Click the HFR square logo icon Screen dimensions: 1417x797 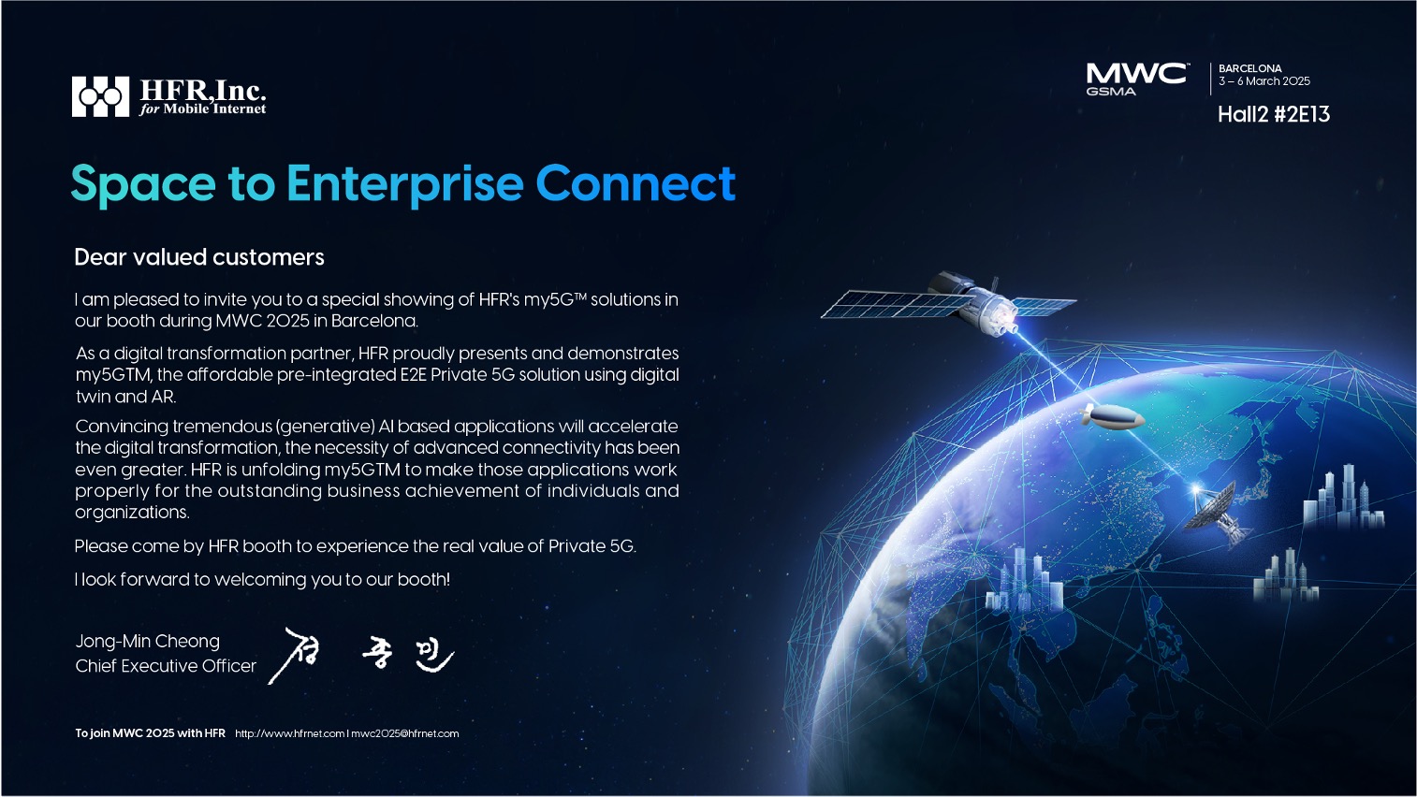tap(100, 96)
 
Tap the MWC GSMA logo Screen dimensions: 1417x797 tap(1137, 79)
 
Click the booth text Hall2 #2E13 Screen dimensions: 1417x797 tap(1274, 114)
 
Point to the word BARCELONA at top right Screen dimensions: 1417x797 tap(1250, 68)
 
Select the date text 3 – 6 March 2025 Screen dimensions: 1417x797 tap(1264, 81)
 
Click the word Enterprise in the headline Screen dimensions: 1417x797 tap(405, 184)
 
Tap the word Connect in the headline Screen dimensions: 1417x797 tap(635, 183)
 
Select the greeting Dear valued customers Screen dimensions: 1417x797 tap(199, 258)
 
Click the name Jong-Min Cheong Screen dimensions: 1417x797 tap(147, 642)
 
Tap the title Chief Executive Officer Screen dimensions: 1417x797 tap(166, 666)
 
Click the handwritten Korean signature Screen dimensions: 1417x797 tap(361, 656)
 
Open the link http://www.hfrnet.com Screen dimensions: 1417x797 tap(290, 733)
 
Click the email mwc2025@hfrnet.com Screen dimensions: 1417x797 tap(405, 733)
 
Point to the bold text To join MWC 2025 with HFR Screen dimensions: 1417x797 tap(150, 733)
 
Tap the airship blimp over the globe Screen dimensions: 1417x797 tap(1112, 417)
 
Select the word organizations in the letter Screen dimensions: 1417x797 tap(132, 513)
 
